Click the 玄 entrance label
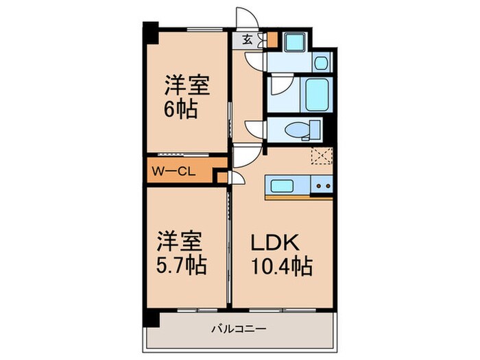(246, 39)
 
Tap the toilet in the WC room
(302, 129)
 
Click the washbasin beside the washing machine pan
(322, 63)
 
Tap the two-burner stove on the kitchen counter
(322, 185)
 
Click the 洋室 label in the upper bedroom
(186, 86)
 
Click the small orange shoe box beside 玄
(272, 40)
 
